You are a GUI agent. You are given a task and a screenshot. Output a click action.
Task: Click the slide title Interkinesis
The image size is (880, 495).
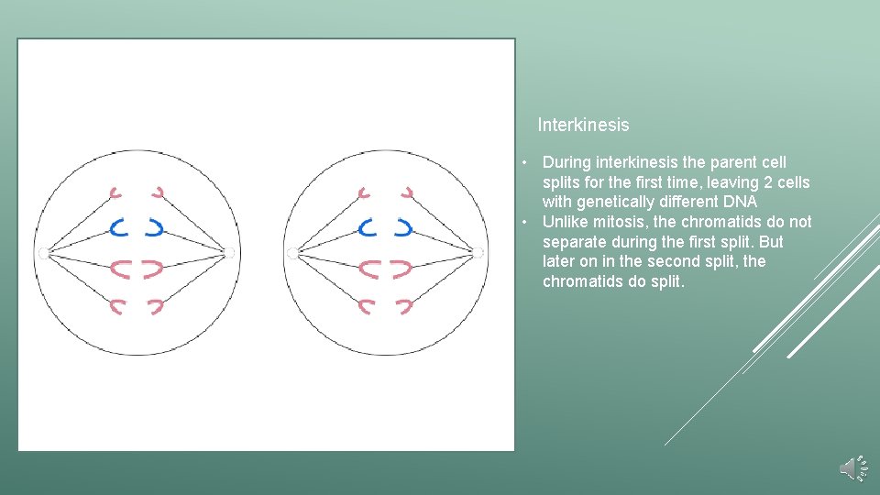point(583,125)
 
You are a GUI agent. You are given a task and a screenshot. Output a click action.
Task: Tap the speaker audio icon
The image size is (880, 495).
point(852,468)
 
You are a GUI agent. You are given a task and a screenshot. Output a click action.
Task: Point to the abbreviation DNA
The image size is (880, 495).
point(739,202)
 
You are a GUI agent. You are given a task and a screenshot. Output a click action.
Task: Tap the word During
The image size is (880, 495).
point(566,162)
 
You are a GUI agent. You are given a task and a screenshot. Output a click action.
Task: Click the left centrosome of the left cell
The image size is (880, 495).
point(42,251)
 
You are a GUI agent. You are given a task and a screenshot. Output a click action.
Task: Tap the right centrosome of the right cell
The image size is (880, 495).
point(477,251)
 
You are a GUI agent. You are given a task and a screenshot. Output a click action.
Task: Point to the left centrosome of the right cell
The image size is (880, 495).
point(291,251)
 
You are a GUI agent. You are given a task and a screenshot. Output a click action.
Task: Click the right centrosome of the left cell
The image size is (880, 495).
point(229,251)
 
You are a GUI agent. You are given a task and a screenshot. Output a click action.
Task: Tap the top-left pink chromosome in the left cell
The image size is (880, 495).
point(116,192)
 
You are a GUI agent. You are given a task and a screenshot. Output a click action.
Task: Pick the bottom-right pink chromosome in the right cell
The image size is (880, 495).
point(405,305)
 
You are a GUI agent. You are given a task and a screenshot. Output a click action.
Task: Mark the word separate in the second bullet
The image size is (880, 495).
point(573,242)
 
